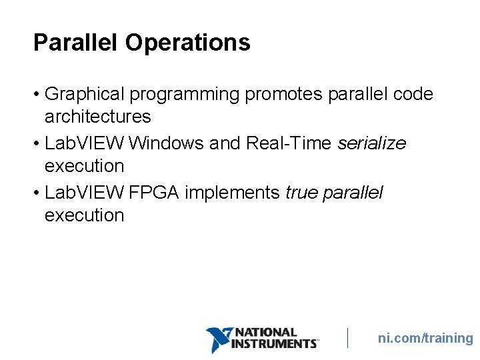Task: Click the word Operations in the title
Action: coord(187,43)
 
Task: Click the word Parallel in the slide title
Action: coord(76,43)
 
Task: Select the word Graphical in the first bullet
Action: coord(85,95)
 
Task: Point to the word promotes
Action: coord(285,95)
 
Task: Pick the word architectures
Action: coord(98,117)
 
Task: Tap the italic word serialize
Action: coord(372,143)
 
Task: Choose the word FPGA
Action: coord(155,193)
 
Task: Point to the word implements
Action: coord(232,193)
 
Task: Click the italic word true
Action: coord(301,193)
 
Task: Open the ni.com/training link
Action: coord(425,338)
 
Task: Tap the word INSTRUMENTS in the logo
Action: coord(273,344)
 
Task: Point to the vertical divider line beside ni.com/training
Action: coord(347,338)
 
